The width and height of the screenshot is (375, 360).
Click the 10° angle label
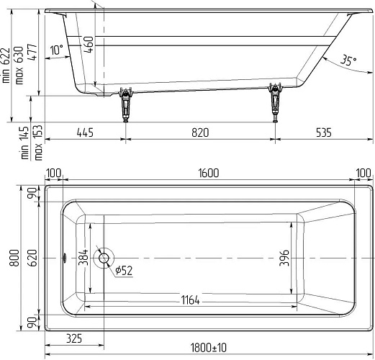coord(57,50)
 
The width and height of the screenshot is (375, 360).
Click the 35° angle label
coord(348,60)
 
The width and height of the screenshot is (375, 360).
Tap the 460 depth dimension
coord(89,45)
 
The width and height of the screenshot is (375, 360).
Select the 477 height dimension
coord(33,52)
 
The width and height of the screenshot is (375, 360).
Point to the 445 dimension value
coord(85,132)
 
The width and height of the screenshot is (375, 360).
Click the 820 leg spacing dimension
coord(200,132)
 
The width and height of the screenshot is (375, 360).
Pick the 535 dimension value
coord(324,132)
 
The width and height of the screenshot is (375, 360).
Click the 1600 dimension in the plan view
coord(209,174)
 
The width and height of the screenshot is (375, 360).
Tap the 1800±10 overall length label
coord(208,348)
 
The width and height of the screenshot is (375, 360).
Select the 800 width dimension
coord(14,258)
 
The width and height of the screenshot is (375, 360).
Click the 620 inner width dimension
coord(32,258)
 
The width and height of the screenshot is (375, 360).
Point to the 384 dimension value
coord(83,257)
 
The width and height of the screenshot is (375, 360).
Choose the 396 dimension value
coord(284,258)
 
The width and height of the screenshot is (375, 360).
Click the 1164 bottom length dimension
coord(190,300)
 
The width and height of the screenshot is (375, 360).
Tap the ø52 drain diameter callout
coord(124,271)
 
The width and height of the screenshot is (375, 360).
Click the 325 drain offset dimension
coord(74,338)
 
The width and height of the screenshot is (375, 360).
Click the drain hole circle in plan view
coord(104,258)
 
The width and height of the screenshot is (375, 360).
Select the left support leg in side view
coord(125,104)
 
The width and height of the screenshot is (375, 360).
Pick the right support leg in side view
coord(275,102)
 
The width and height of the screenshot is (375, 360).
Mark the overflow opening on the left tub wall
coord(65,258)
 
